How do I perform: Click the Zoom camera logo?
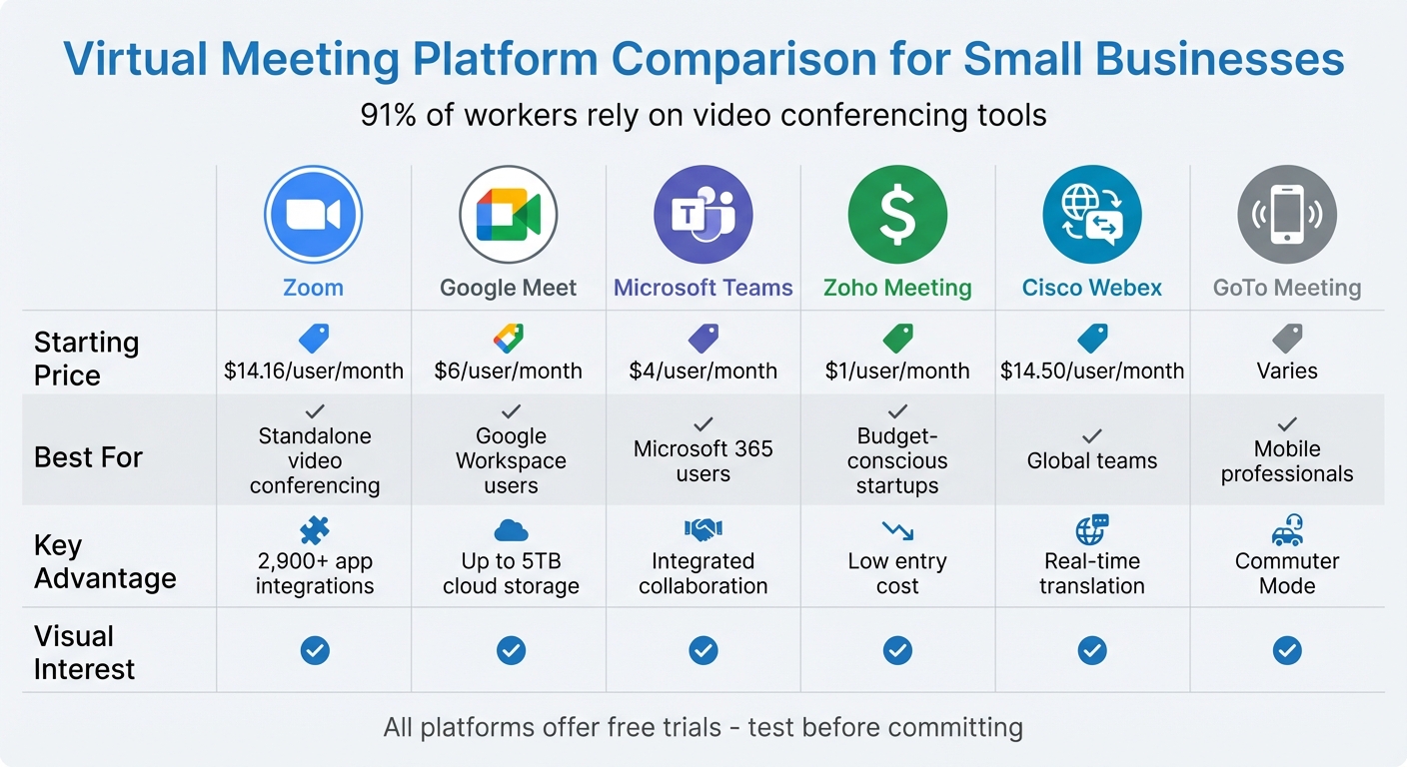click(x=313, y=215)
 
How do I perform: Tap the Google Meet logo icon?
click(x=508, y=215)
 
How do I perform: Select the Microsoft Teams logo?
click(x=703, y=215)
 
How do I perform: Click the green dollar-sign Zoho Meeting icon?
click(x=897, y=215)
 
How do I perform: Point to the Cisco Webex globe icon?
click(x=1092, y=215)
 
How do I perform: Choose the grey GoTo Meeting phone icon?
click(x=1287, y=215)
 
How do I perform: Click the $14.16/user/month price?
click(x=314, y=371)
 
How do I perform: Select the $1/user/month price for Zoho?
click(x=897, y=371)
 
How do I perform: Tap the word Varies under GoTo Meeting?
click(x=1287, y=371)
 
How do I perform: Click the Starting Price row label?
click(x=86, y=359)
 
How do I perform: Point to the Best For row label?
click(x=88, y=457)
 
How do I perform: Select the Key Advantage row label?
click(x=105, y=561)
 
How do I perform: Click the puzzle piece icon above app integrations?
click(x=314, y=529)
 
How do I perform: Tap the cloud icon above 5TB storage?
click(x=511, y=530)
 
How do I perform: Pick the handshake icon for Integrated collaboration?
click(x=703, y=529)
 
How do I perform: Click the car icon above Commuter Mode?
click(x=1287, y=529)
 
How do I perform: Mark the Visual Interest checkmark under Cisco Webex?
click(x=1092, y=651)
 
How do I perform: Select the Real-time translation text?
click(x=1092, y=573)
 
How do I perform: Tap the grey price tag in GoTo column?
click(x=1287, y=338)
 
